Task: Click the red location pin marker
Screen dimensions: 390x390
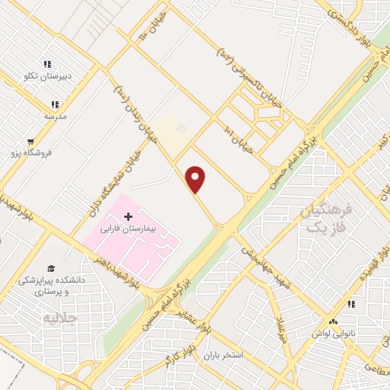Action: click(x=196, y=179)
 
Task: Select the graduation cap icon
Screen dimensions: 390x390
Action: click(x=51, y=268)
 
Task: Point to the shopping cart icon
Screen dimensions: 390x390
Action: click(x=30, y=141)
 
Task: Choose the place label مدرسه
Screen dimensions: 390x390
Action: click(x=55, y=116)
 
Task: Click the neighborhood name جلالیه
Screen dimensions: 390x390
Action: click(x=61, y=317)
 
